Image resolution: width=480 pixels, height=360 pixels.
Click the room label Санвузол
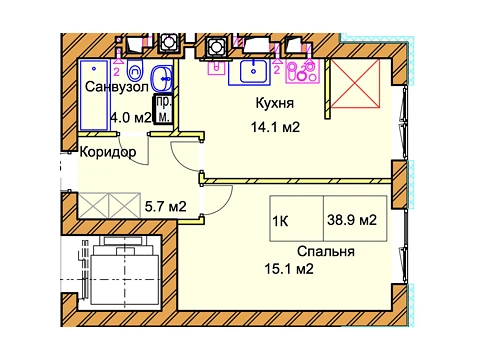tap(116, 87)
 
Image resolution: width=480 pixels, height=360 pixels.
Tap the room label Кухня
tap(275, 103)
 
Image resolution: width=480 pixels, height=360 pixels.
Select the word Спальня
tap(326, 251)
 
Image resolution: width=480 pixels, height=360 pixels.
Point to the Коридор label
tap(108, 152)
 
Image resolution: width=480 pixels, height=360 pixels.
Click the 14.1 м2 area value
tap(275, 127)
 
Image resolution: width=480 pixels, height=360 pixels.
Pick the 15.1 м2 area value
tap(289, 269)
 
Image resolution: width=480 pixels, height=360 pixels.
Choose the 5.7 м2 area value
tap(165, 207)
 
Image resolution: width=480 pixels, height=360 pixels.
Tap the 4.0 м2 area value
tap(131, 118)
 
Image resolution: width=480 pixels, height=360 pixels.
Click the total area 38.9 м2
tap(352, 220)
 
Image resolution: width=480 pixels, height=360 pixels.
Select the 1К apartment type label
tap(280, 221)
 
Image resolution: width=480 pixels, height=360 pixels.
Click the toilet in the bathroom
tap(135, 70)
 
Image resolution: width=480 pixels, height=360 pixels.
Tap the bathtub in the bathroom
tap(93, 95)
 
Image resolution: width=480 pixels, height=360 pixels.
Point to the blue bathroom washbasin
tap(162, 79)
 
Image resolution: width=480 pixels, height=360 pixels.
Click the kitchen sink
tap(254, 72)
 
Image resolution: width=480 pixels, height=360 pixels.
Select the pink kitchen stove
tap(302, 71)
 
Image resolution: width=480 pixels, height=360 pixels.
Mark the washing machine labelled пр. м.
tap(164, 110)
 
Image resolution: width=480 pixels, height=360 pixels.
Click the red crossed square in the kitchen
tap(355, 84)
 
